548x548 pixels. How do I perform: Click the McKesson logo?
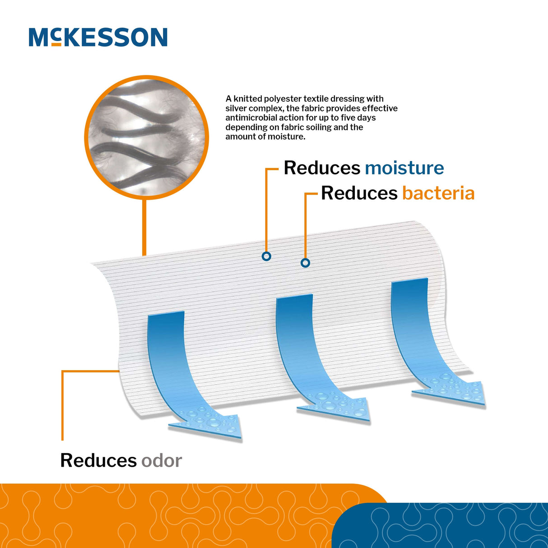pyautogui.click(x=98, y=37)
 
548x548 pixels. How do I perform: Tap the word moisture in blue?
pyautogui.click(x=404, y=168)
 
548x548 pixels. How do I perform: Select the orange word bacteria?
pyautogui.click(x=438, y=193)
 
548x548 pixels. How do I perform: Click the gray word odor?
pyautogui.click(x=162, y=461)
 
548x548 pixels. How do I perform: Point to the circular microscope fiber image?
pyautogui.click(x=147, y=137)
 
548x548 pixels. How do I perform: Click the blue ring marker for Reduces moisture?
pyautogui.click(x=266, y=256)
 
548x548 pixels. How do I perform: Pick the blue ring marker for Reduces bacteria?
pyautogui.click(x=305, y=263)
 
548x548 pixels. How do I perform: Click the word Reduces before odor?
pyautogui.click(x=98, y=461)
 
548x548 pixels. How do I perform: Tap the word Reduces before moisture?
pyautogui.click(x=322, y=168)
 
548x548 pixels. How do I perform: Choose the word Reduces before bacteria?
pyautogui.click(x=359, y=193)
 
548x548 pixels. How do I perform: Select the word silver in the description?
pyautogui.click(x=236, y=108)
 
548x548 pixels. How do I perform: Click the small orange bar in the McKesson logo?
pyautogui.click(x=56, y=44)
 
